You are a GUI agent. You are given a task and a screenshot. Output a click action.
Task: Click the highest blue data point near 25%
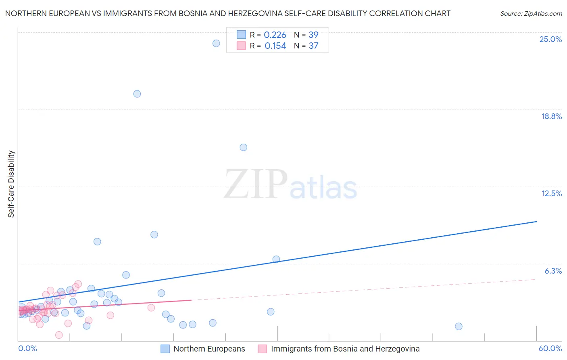216,43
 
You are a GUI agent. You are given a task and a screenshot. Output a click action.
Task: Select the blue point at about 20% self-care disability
137,94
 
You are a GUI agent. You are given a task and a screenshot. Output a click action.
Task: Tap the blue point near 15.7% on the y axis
244,147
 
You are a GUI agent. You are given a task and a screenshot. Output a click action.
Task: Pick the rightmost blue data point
459,326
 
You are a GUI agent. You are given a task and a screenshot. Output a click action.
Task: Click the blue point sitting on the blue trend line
276,259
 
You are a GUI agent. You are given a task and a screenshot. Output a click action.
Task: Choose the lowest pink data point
59,335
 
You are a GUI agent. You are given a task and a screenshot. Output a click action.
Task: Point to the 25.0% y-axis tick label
550,39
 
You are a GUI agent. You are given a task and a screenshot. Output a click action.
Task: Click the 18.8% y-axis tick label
551,116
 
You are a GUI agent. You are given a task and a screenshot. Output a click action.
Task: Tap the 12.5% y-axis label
551,193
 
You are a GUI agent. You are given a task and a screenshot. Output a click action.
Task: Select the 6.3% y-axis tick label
553,271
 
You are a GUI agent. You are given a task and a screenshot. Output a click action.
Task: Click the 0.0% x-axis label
27,348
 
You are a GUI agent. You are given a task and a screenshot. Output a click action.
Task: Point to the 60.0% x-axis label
550,348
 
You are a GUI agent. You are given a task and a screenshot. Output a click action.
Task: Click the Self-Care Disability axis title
11,184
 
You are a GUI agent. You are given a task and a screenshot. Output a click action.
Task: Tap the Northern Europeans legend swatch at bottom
165,349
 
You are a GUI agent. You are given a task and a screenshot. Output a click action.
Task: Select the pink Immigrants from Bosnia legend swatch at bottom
263,349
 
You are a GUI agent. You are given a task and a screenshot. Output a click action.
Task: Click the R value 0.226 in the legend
275,35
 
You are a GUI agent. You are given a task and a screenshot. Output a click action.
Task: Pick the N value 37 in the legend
313,46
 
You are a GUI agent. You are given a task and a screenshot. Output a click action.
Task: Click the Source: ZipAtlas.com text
531,14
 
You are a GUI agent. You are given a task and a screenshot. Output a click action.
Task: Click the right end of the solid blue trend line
536,222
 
